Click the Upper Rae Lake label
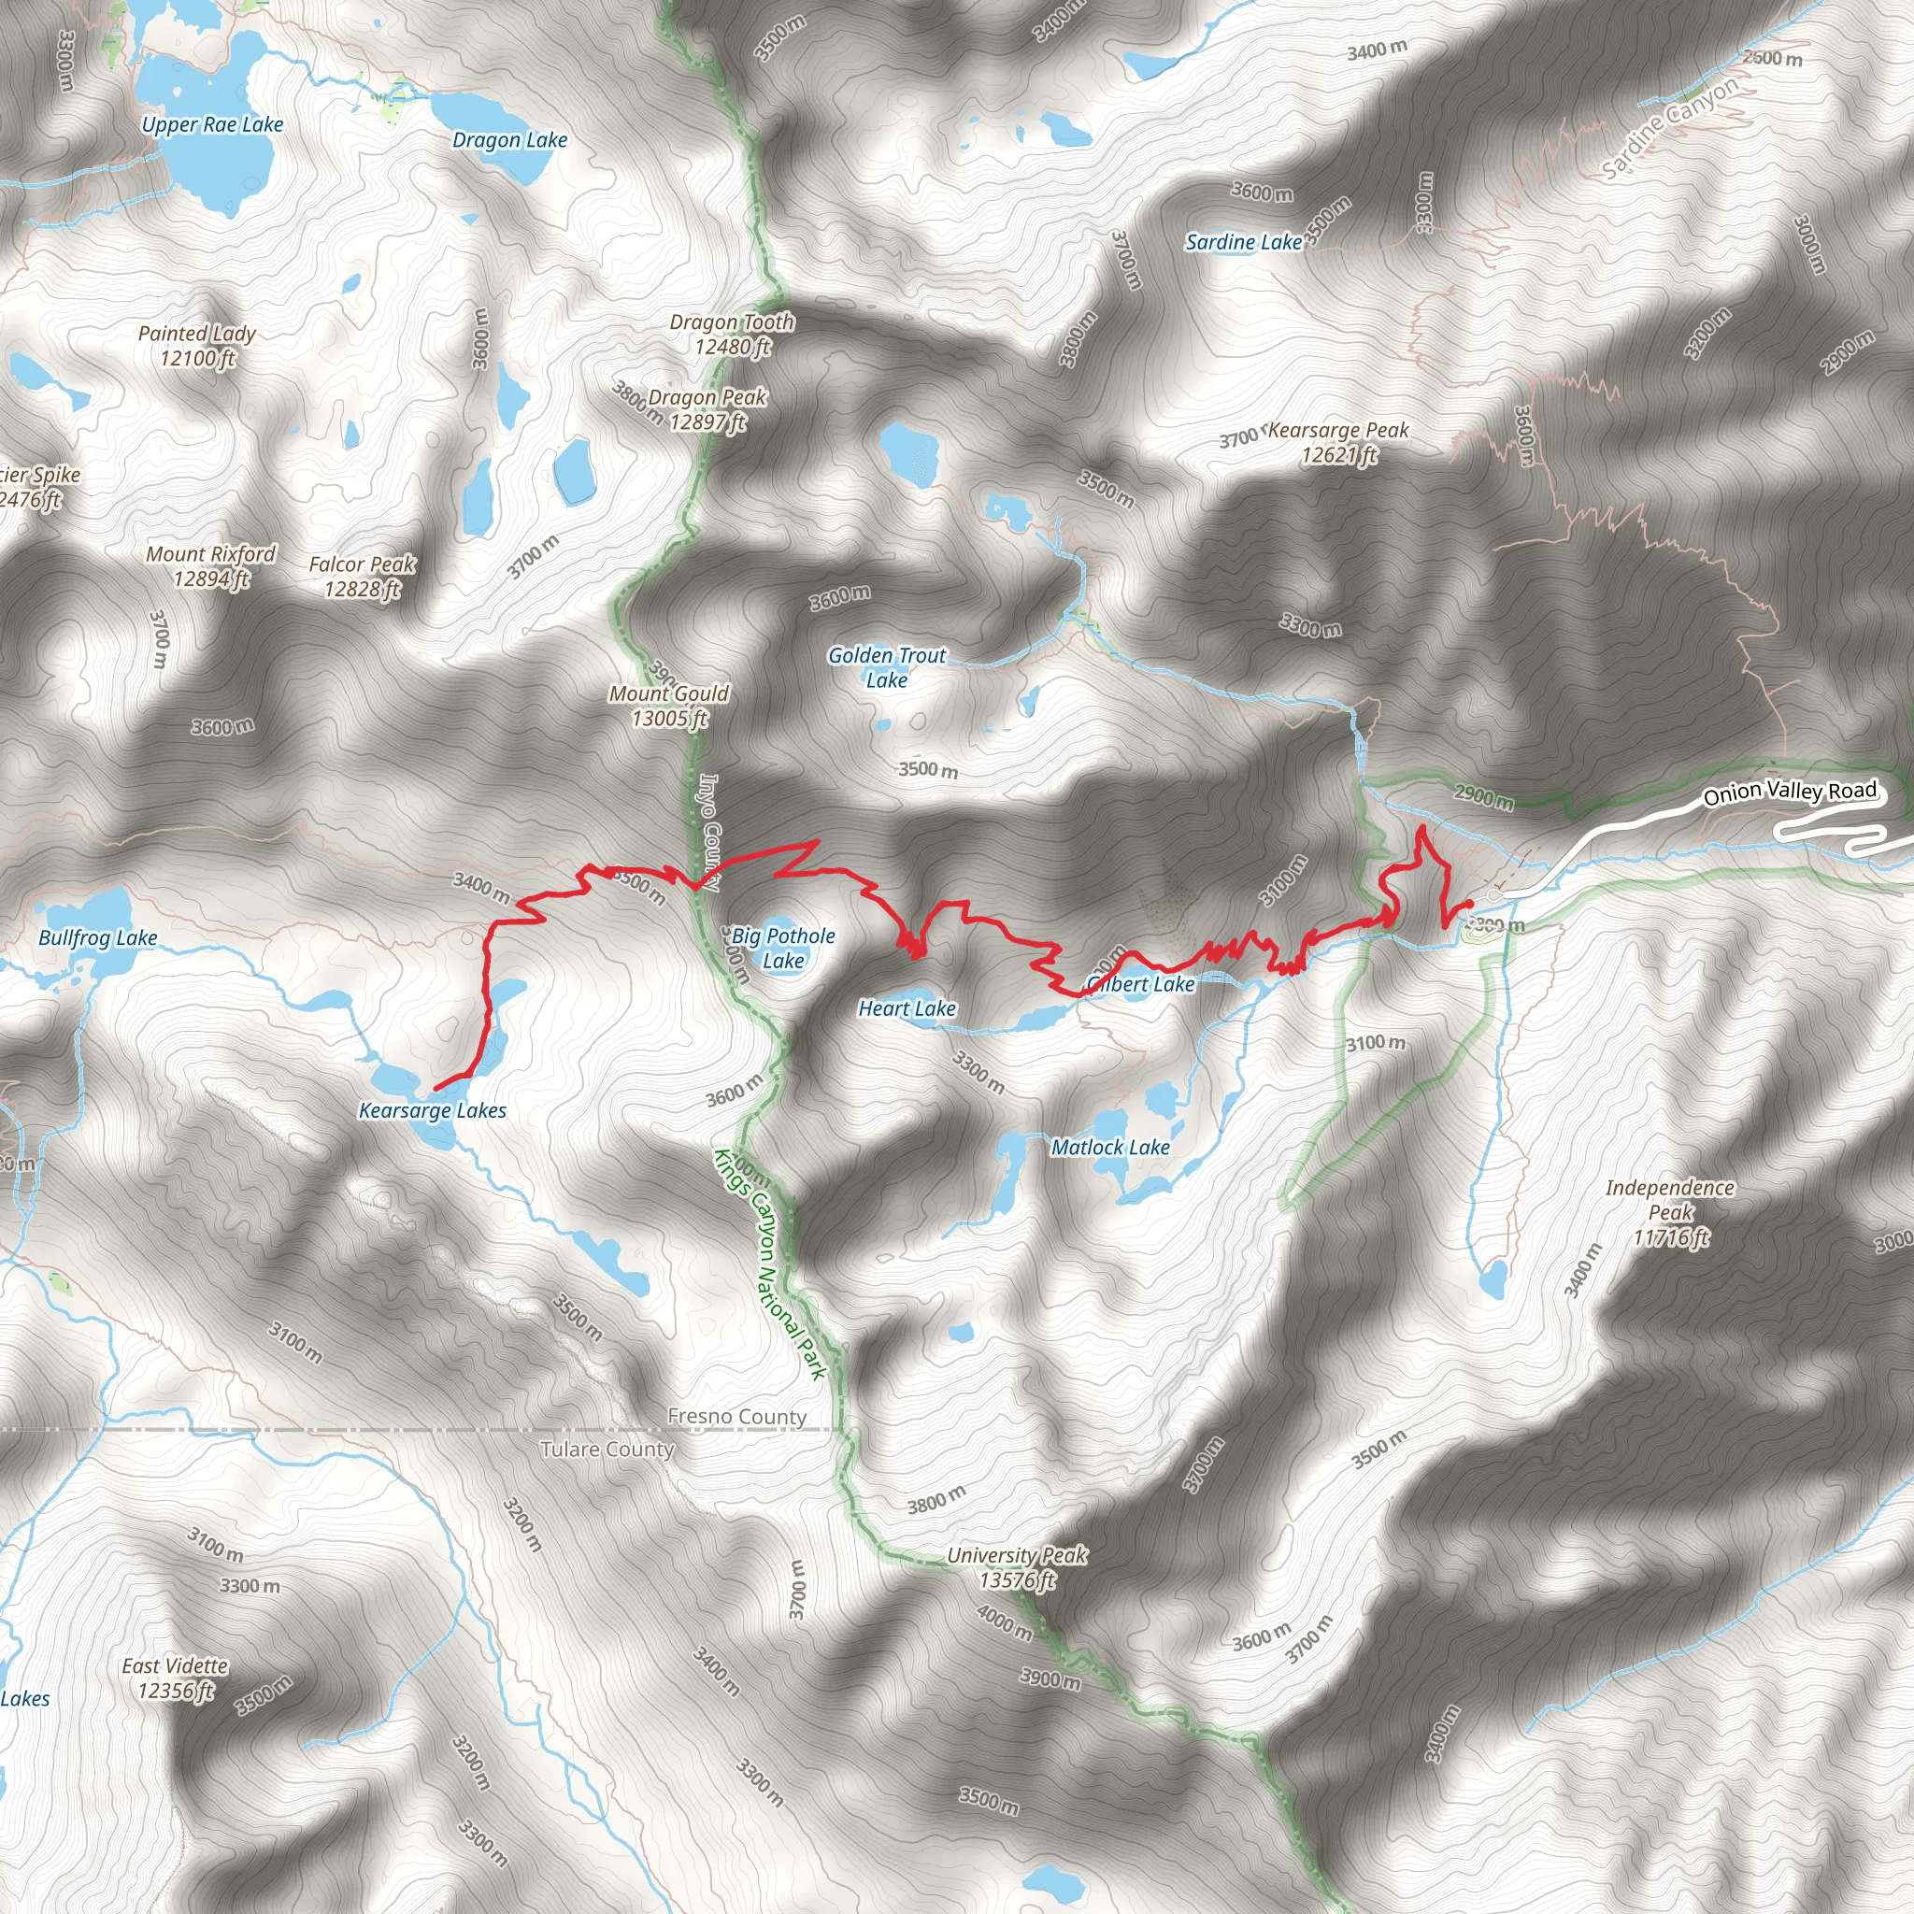[x=212, y=125]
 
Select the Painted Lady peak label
[x=197, y=346]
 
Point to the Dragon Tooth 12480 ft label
[x=732, y=334]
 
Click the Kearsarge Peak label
[x=1337, y=442]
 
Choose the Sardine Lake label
[x=1243, y=242]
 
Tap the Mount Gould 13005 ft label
[x=669, y=706]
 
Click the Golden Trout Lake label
[x=887, y=666]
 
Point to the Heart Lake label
[x=907, y=1008]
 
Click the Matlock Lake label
[x=1109, y=1148]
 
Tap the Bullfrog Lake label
[x=97, y=937]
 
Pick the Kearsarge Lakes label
[x=432, y=1110]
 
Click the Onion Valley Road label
[x=1789, y=793]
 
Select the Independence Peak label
[x=1670, y=1211]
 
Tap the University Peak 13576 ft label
[x=1017, y=1567]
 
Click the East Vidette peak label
[x=176, y=1678]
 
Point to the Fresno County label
[x=736, y=1417]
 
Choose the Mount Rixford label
[x=210, y=565]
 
